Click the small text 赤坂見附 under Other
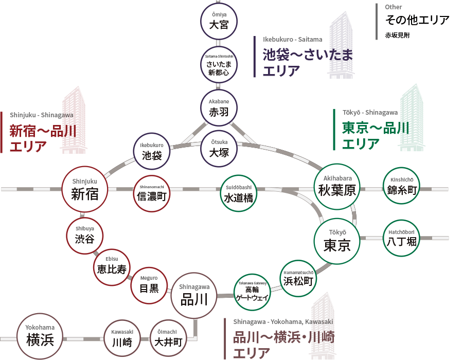click(x=398, y=35)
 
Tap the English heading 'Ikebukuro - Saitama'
click(x=293, y=40)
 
